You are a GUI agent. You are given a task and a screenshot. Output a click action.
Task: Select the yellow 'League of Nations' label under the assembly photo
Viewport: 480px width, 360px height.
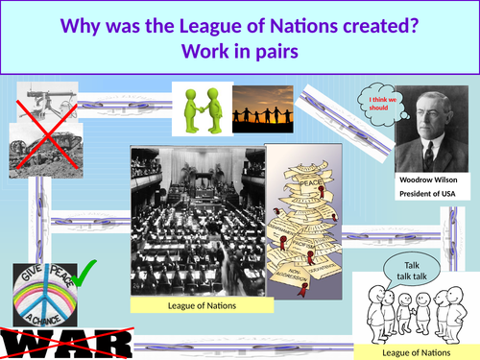click(x=198, y=304)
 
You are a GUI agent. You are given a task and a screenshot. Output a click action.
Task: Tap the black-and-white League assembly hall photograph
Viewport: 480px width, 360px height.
click(x=196, y=220)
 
